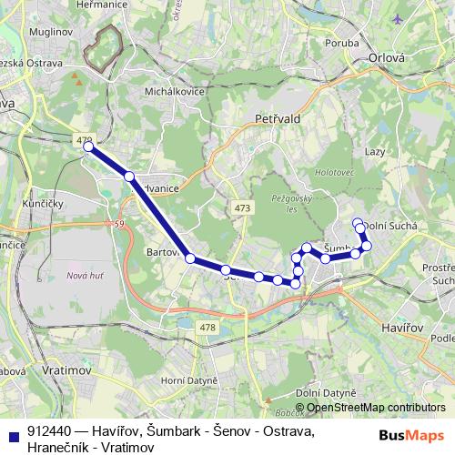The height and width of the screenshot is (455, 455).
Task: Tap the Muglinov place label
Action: (29, 31)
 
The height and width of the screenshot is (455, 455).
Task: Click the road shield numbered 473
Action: (242, 208)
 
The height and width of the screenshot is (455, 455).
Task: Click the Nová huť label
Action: (83, 275)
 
